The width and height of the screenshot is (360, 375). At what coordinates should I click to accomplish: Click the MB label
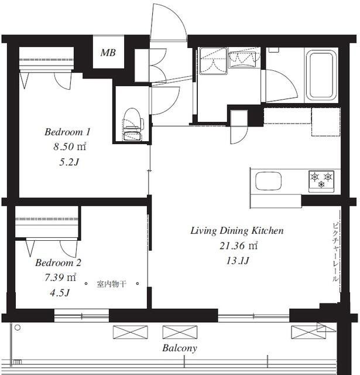(x=108, y=52)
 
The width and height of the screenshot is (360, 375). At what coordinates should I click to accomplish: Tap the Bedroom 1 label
(x=67, y=132)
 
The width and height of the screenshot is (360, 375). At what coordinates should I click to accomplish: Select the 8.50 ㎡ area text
(x=70, y=146)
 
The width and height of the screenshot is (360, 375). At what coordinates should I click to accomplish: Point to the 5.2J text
(x=69, y=162)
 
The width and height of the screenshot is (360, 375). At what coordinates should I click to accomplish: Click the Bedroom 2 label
(x=59, y=262)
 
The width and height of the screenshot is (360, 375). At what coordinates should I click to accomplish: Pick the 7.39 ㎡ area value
(x=60, y=277)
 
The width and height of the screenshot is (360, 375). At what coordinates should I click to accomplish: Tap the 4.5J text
(x=60, y=292)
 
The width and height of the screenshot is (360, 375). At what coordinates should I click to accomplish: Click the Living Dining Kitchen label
(x=237, y=230)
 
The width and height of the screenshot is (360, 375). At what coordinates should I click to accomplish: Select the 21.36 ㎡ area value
(x=239, y=246)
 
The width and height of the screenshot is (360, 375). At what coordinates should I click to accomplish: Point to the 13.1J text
(x=238, y=261)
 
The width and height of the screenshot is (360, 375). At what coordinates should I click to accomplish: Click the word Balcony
(x=180, y=348)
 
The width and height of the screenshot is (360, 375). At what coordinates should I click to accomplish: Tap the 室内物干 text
(x=111, y=284)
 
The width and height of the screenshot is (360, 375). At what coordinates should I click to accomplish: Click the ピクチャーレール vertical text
(x=335, y=252)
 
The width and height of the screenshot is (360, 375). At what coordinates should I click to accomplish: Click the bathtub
(x=321, y=75)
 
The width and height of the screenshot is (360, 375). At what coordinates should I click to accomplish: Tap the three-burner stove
(x=321, y=181)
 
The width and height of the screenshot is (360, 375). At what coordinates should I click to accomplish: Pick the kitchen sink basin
(x=268, y=181)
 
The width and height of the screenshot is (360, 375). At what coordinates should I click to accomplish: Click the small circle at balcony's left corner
(x=18, y=328)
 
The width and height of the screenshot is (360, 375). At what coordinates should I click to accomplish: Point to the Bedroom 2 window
(x=81, y=316)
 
